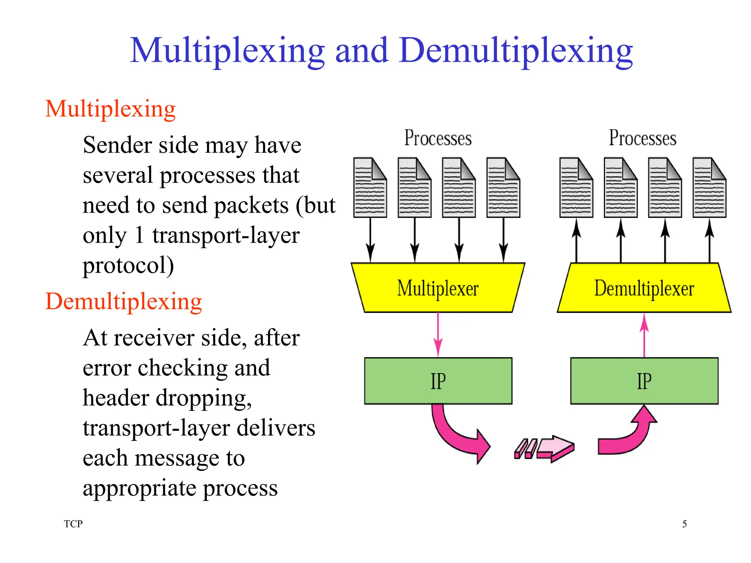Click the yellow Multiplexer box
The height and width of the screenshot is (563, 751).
[x=438, y=288]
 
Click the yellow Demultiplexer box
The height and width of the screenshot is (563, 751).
[x=644, y=288]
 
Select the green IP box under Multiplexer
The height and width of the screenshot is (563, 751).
[x=438, y=381]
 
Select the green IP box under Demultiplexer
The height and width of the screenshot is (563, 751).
[x=644, y=381]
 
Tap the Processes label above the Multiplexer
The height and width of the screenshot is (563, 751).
[x=438, y=138]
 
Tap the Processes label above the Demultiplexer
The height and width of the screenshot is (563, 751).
[x=642, y=138]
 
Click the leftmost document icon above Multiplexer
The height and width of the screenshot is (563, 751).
[x=370, y=188]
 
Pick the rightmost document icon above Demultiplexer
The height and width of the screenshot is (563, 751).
[x=709, y=188]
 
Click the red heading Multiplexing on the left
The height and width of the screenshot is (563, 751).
[x=110, y=109]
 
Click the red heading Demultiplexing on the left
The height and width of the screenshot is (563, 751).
[x=124, y=301]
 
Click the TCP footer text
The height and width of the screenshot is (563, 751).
[x=73, y=524]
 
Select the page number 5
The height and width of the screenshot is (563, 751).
[x=684, y=524]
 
